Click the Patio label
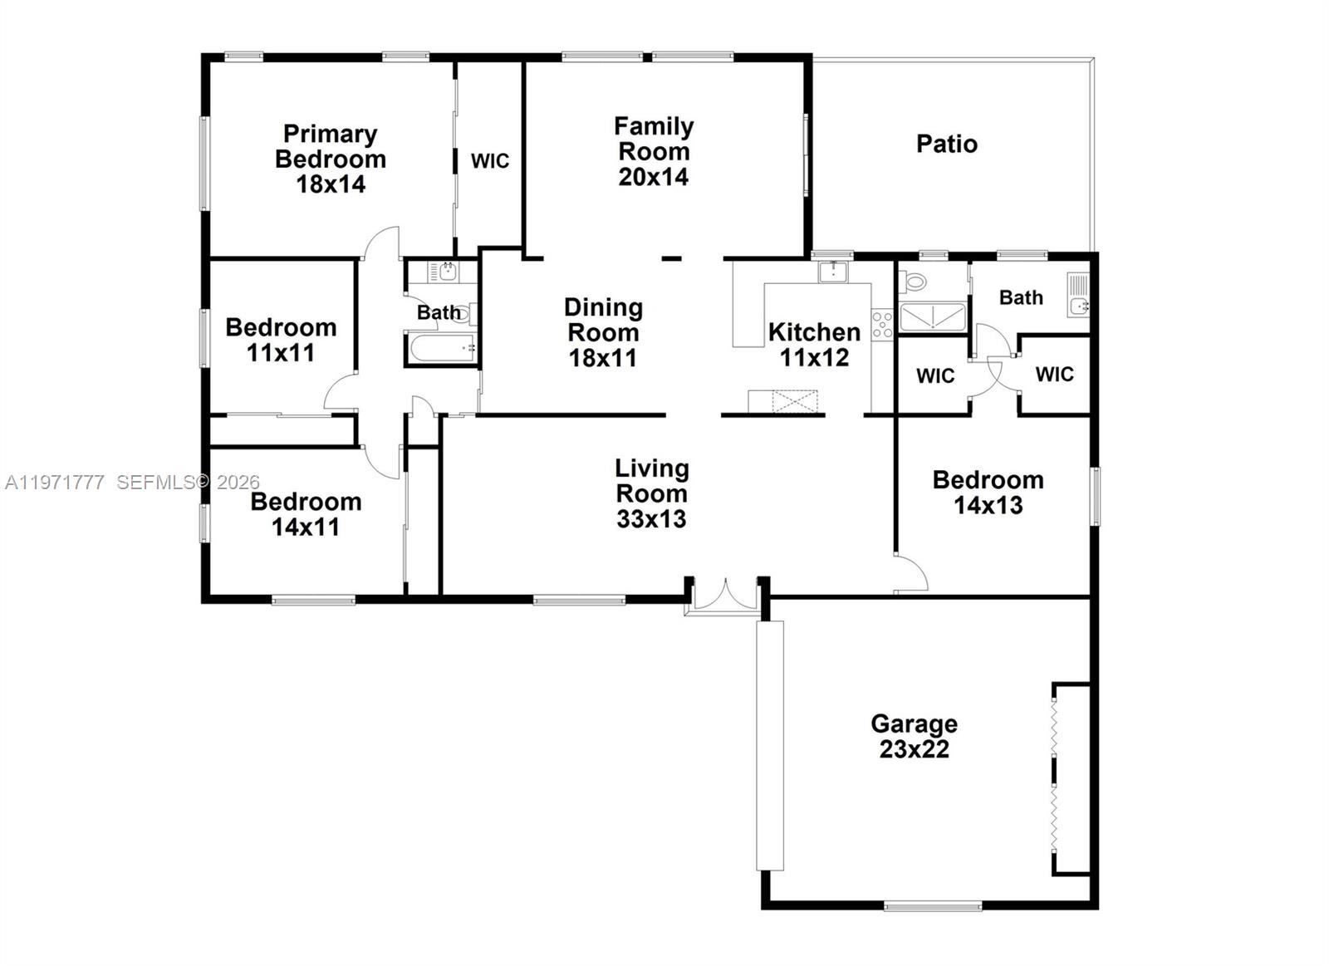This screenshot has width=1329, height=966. [946, 144]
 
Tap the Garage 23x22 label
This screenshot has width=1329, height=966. [914, 736]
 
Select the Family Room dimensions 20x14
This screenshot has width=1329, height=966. [653, 177]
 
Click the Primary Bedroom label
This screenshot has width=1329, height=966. [331, 158]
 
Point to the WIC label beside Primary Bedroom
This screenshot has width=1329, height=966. [490, 160]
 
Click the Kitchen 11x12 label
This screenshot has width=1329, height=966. [814, 344]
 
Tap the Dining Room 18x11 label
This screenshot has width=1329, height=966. [603, 332]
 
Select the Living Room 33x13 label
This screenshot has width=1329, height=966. [651, 493]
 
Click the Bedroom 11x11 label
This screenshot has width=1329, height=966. [281, 339]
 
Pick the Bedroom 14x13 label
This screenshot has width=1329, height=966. [988, 492]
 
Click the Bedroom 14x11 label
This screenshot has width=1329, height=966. [306, 513]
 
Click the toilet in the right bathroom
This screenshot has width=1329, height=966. [913, 282]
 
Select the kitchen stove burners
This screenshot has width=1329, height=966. [882, 323]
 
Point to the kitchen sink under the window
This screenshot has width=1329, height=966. [832, 271]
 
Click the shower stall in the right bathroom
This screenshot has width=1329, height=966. [933, 317]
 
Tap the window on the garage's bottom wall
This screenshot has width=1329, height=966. [932, 905]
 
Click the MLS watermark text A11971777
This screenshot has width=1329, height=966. [55, 482]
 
